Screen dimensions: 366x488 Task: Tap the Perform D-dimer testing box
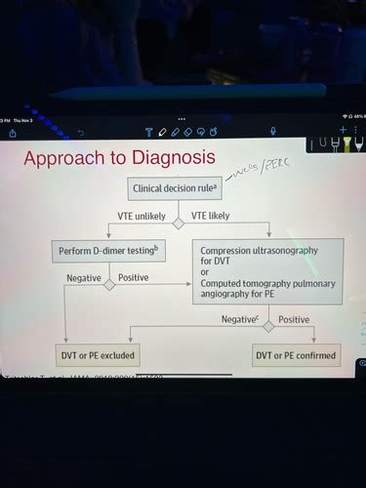tap(107, 252)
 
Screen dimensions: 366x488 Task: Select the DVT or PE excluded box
tap(98, 355)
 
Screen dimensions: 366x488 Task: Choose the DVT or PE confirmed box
tap(296, 355)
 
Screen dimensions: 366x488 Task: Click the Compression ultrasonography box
tap(266, 264)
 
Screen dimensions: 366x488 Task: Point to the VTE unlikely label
tap(142, 216)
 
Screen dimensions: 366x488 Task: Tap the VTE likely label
tap(212, 216)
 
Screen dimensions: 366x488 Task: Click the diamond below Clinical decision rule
tap(179, 224)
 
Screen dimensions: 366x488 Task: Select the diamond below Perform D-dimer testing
tap(109, 285)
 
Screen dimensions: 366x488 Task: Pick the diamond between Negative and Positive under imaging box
tap(267, 326)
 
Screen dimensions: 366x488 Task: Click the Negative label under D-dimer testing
tap(83, 278)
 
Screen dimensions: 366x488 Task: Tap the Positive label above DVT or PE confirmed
tap(294, 319)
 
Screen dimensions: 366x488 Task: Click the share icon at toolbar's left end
tap(14, 132)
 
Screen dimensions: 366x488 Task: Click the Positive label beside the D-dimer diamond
tap(133, 278)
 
